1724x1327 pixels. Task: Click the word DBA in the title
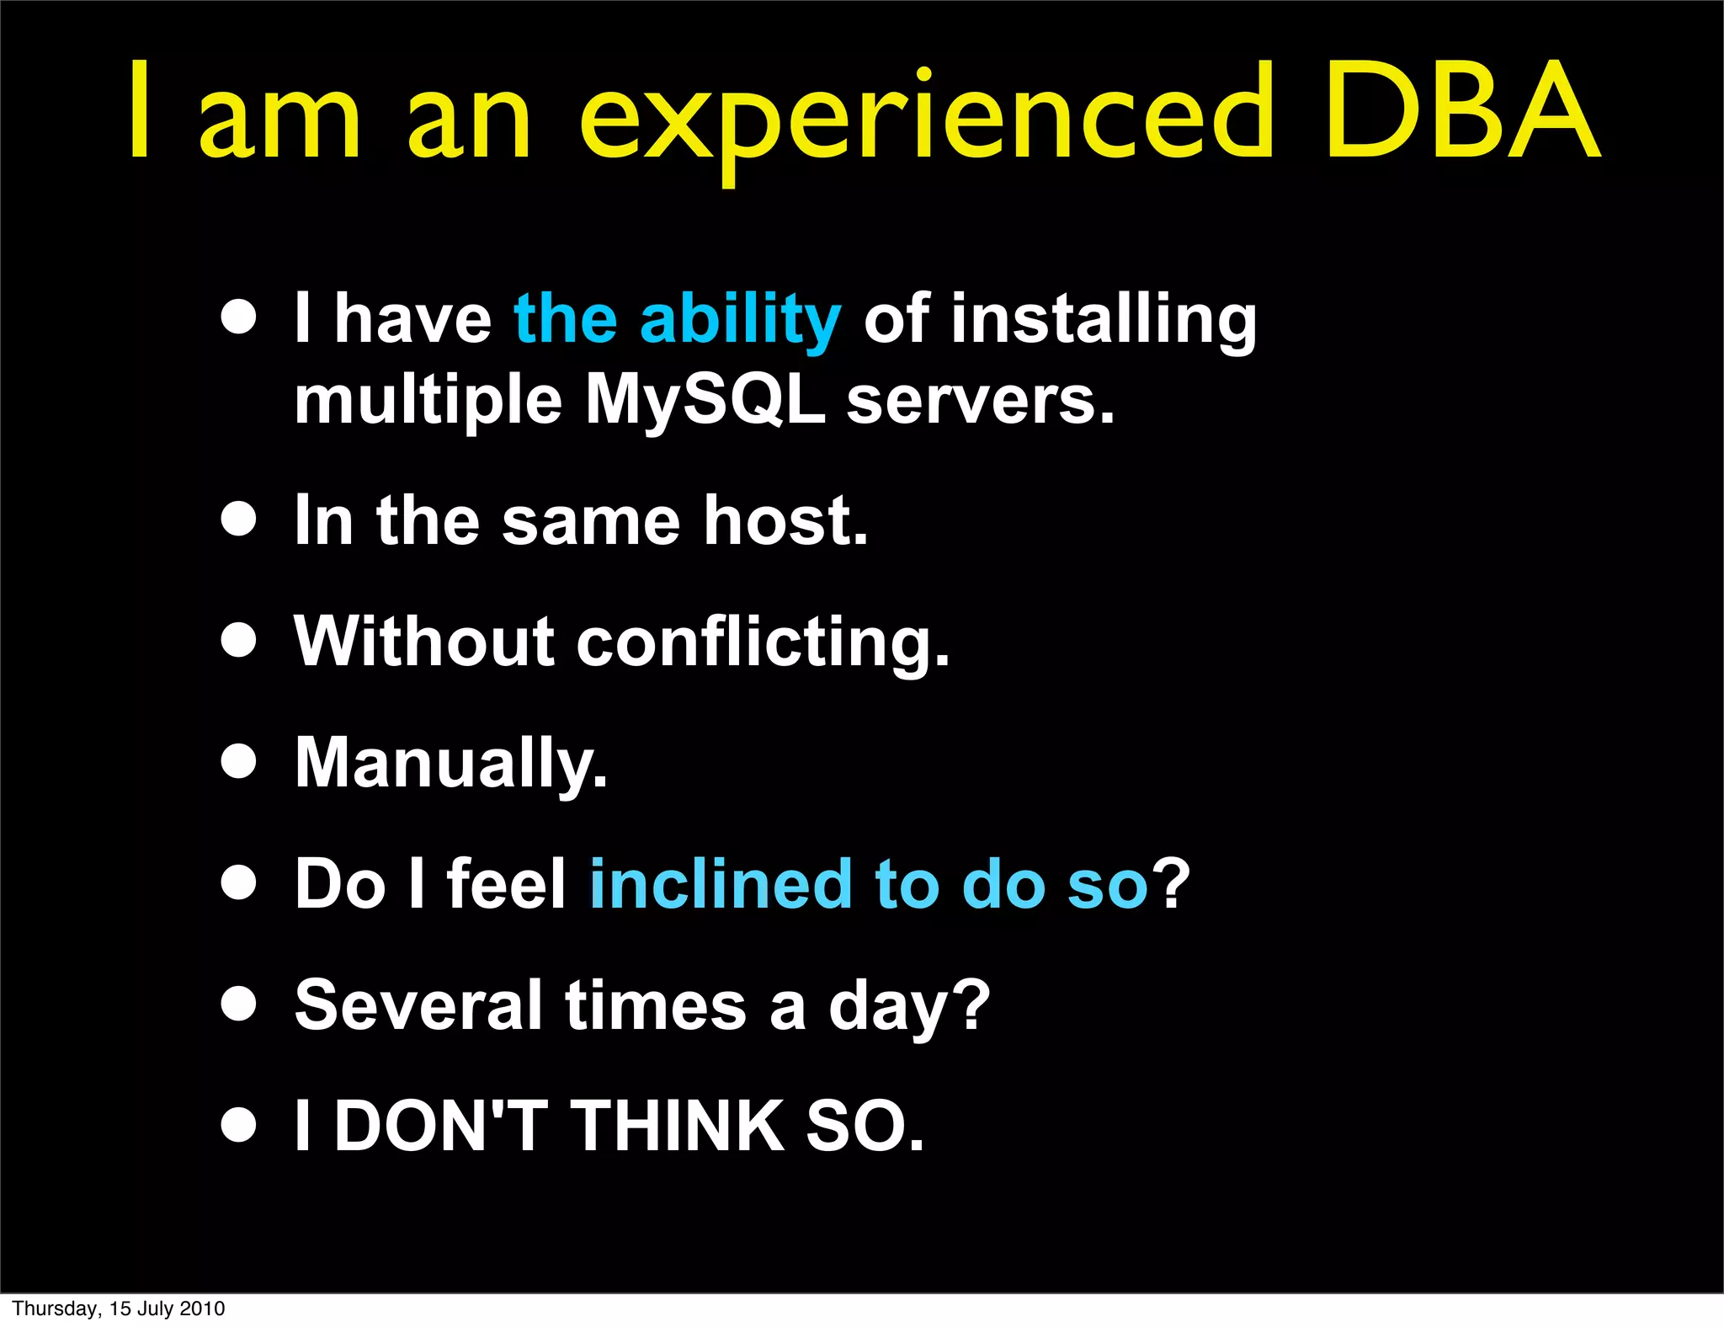point(1462,111)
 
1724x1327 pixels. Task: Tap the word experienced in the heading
point(927,118)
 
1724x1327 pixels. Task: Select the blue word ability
point(739,320)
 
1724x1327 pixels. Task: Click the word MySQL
point(705,401)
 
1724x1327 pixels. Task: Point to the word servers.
point(981,401)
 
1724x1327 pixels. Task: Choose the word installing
point(1104,320)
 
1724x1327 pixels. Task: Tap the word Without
point(424,642)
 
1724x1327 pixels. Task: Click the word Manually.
point(451,764)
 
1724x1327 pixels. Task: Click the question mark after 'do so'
point(1172,884)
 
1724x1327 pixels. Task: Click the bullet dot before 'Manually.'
point(239,762)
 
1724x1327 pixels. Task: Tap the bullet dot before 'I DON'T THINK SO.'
point(239,1125)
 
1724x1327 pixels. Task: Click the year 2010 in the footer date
point(201,1308)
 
